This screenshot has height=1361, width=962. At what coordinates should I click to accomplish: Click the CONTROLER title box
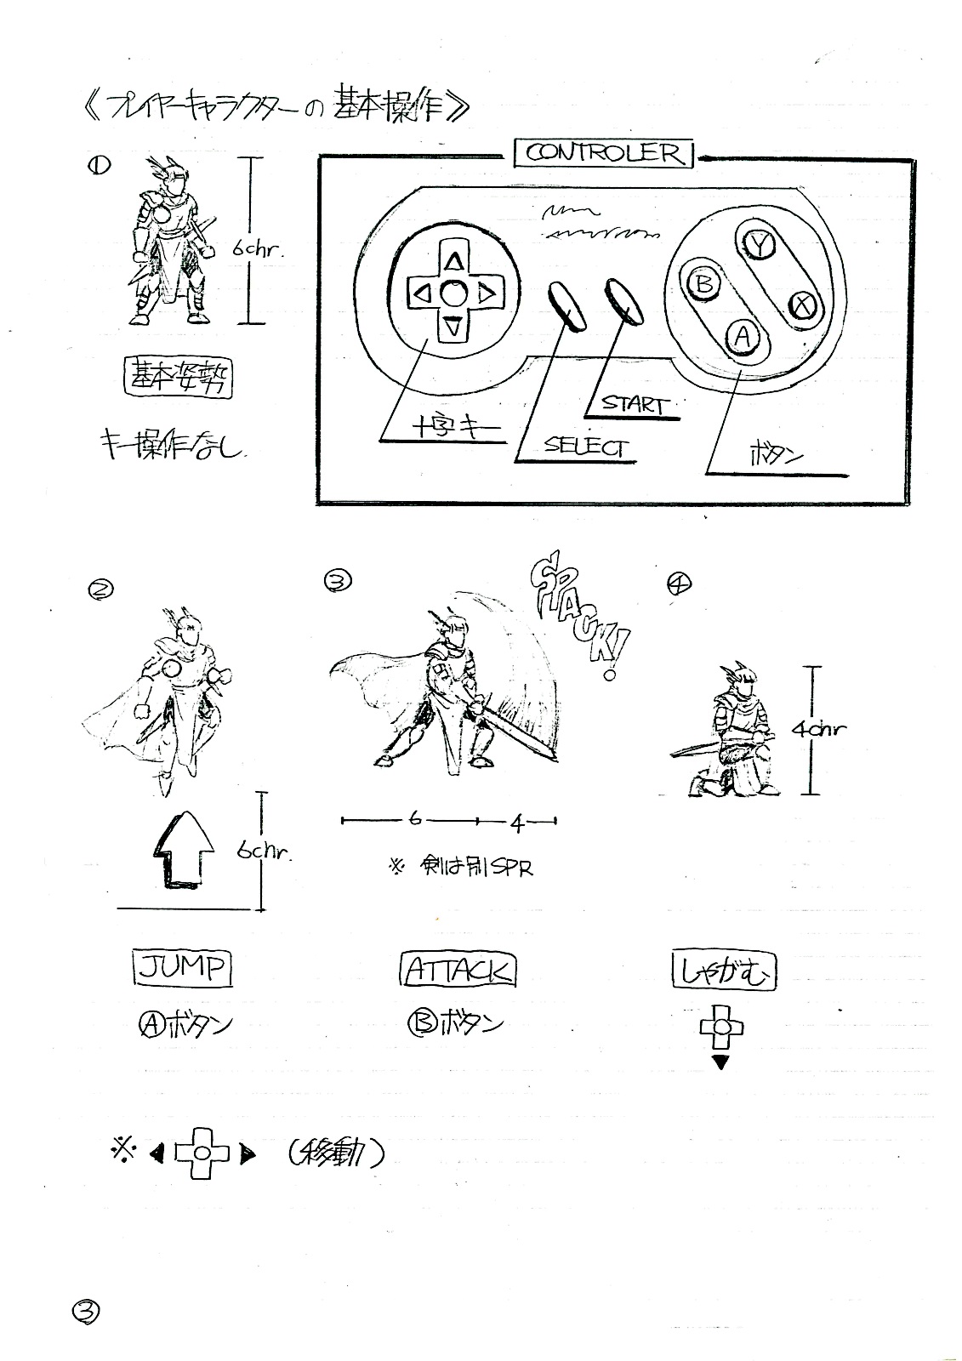[604, 153]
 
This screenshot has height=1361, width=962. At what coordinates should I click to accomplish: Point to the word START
[635, 403]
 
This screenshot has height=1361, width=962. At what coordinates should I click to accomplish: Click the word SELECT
[586, 447]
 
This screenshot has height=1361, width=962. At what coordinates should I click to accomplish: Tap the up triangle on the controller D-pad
[454, 260]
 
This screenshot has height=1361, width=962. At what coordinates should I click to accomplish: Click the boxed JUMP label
[182, 968]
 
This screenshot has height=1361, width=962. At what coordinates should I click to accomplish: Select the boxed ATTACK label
[458, 970]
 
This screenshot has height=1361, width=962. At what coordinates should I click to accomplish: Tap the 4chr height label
[818, 729]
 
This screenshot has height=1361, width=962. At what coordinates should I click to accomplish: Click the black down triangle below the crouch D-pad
[720, 1062]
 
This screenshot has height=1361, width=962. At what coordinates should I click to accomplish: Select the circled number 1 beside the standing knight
[97, 167]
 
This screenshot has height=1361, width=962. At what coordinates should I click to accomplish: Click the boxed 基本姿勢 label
[178, 376]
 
